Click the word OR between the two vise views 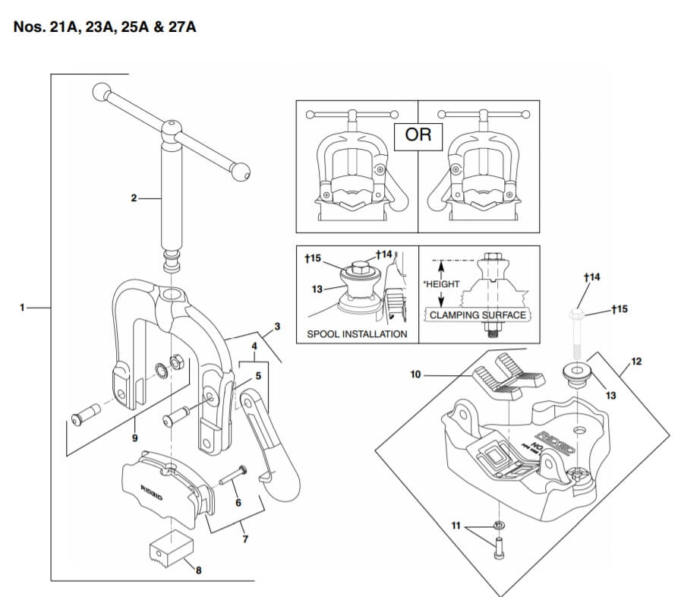click(x=418, y=135)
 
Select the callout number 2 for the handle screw click(x=134, y=198)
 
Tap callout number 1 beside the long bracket click(x=23, y=308)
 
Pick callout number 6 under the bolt click(x=238, y=502)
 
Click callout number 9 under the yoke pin click(x=135, y=437)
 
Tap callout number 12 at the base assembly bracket click(x=636, y=362)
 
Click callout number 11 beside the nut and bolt click(x=456, y=526)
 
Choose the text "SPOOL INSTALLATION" click(x=357, y=333)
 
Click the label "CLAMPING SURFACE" click(x=478, y=314)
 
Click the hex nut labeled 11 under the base click(x=499, y=525)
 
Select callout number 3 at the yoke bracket click(x=277, y=327)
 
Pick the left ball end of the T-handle click(x=101, y=93)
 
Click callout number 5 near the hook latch click(x=257, y=374)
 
